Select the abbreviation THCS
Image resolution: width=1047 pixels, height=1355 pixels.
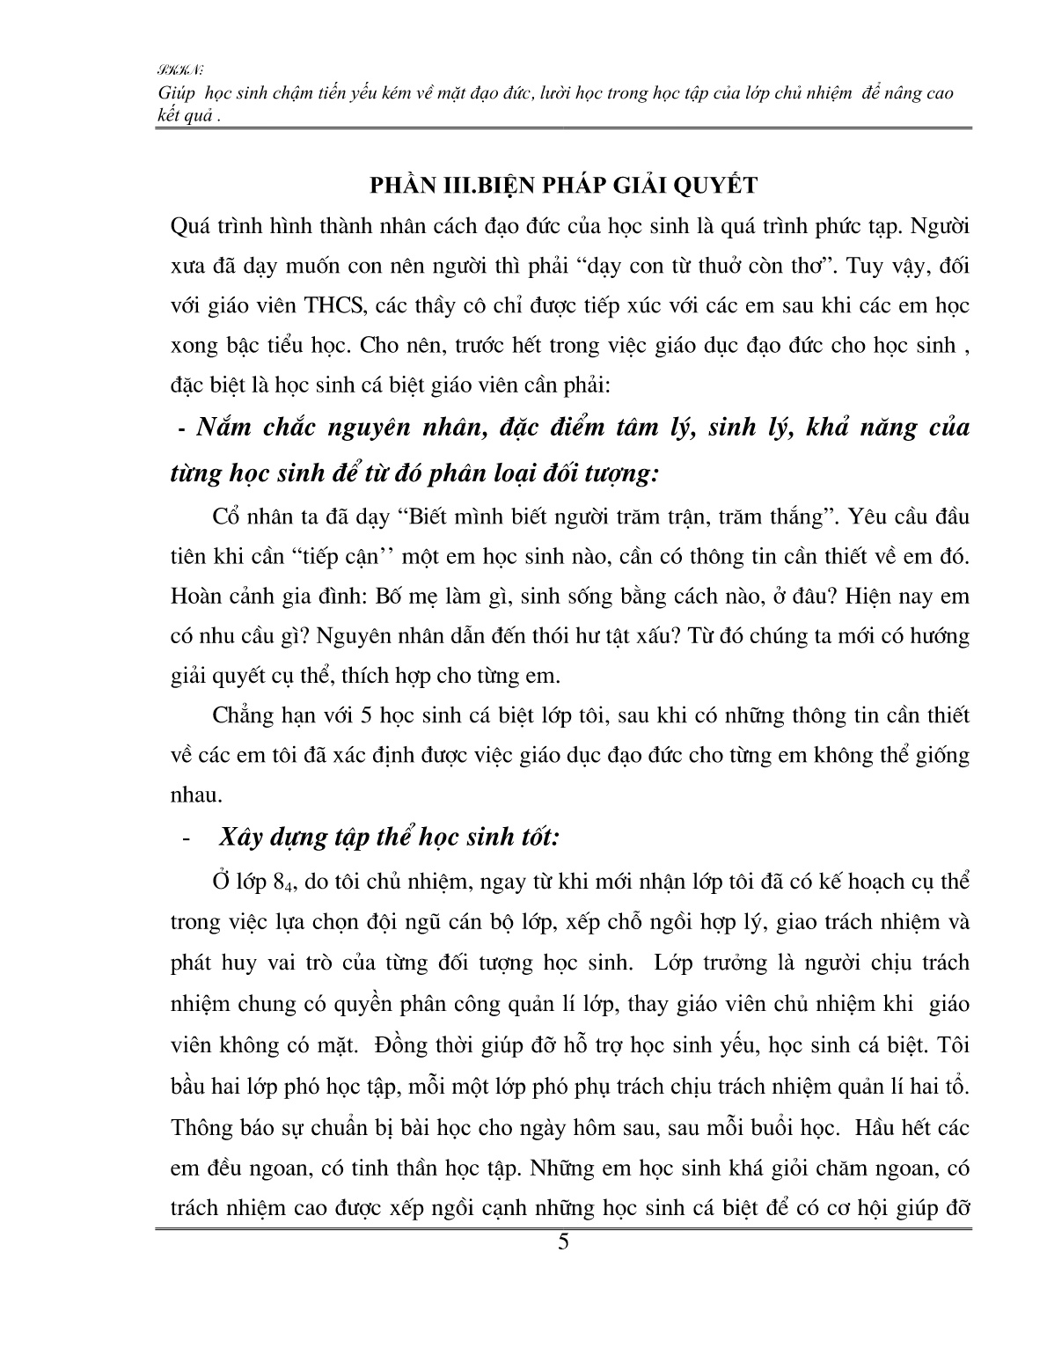point(319,305)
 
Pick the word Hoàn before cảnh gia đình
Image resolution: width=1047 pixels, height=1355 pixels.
point(199,596)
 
